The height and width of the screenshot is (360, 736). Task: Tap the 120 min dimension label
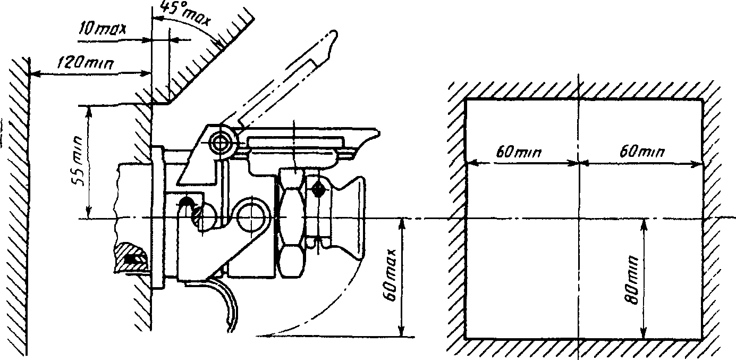pyautogui.click(x=90, y=63)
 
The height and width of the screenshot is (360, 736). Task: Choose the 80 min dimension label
pyautogui.click(x=632, y=281)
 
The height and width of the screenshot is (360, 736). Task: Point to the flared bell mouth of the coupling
pyautogui.click(x=348, y=219)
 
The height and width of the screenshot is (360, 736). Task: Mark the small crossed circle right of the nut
pyautogui.click(x=319, y=187)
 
